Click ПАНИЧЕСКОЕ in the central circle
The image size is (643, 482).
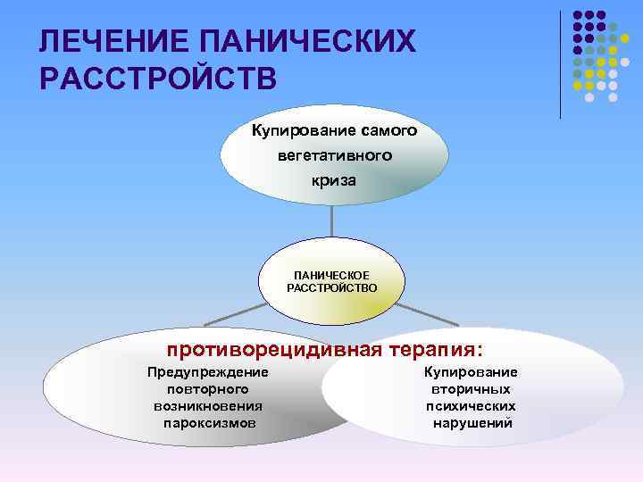point(331,277)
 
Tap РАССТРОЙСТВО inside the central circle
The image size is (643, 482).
point(331,288)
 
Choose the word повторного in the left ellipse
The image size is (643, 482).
point(208,389)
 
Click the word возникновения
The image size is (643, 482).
point(208,405)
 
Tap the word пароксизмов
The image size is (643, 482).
point(208,422)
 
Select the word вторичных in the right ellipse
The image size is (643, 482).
point(472,389)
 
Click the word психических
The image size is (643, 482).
point(472,405)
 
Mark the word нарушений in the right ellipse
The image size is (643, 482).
point(472,422)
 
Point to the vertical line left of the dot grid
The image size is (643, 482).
point(560,62)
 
